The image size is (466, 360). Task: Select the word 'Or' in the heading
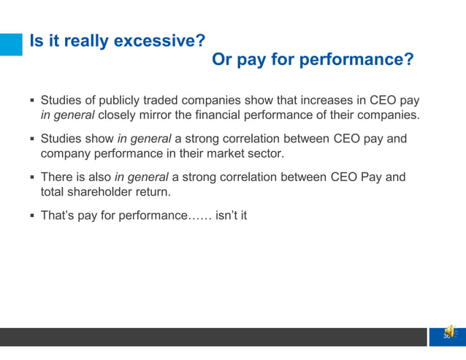tap(222, 59)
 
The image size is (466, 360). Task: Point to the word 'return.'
tap(159, 193)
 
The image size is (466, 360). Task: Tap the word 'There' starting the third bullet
tap(56, 177)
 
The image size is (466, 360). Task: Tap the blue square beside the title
tap(11, 44)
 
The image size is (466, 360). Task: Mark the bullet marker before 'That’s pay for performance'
tap(33, 217)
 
